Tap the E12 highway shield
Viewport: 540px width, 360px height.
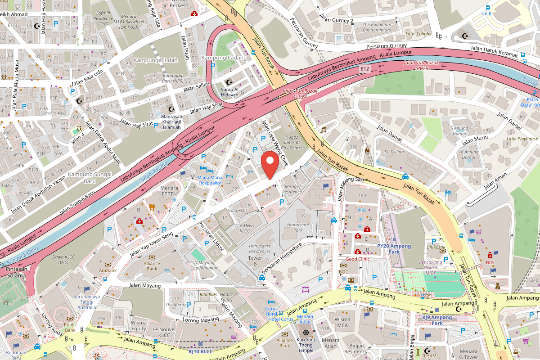365,69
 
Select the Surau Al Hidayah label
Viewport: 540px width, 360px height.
229,92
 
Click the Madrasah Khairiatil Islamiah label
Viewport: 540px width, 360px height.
171,121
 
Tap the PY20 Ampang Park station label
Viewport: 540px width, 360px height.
394,249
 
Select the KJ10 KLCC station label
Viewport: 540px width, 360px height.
200,351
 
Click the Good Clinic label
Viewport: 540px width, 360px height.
357,259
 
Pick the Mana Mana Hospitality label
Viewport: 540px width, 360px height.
210,180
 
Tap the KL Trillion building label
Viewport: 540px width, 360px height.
390,152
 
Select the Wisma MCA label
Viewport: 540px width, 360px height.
342,322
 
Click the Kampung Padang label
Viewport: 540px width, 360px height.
224,58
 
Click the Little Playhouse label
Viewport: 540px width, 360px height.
522,139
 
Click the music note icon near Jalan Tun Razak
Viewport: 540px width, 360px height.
323,130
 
